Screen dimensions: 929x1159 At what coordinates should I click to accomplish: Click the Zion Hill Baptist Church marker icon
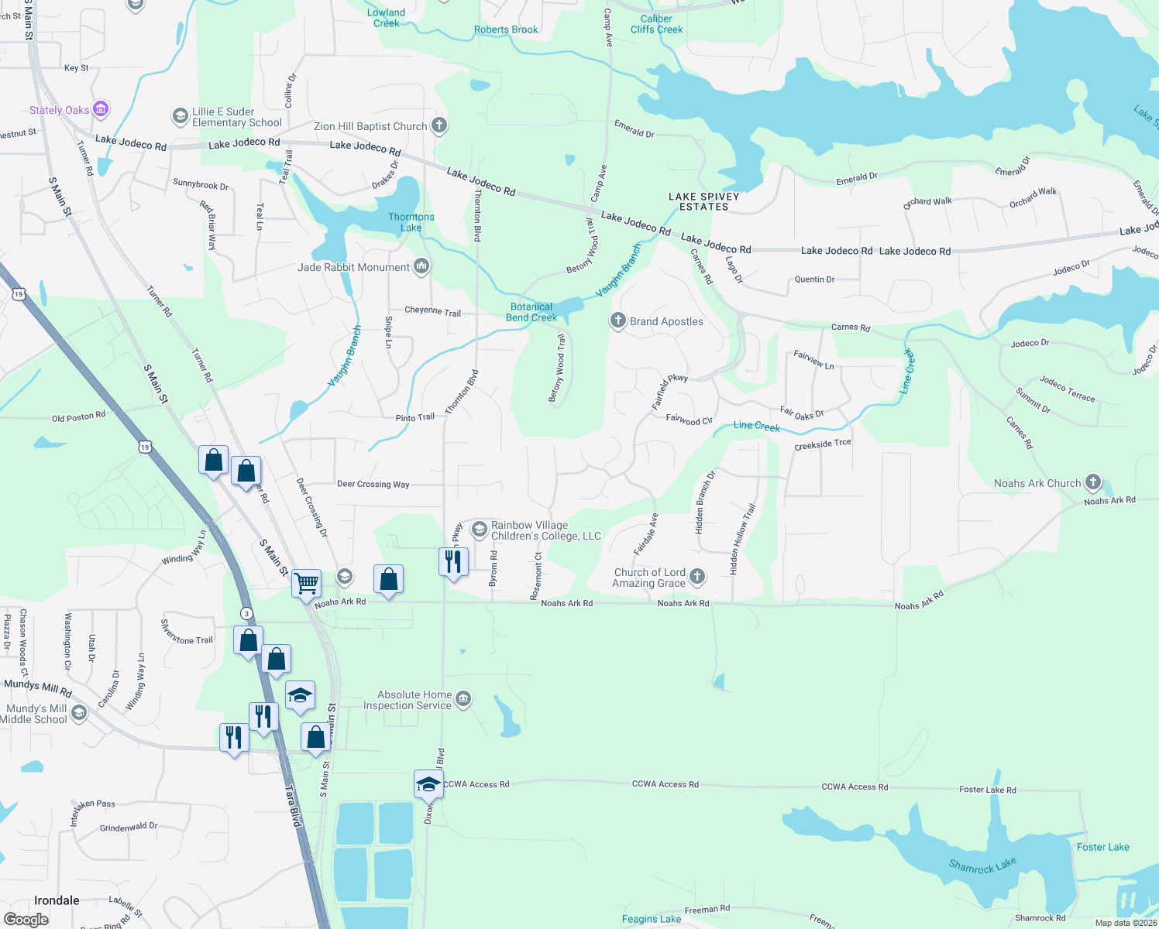[x=439, y=125]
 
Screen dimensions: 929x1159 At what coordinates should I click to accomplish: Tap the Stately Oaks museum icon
[x=101, y=109]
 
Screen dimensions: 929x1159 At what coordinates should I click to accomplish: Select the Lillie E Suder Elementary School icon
[x=180, y=116]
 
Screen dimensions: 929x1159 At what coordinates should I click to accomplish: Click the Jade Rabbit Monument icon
[x=421, y=266]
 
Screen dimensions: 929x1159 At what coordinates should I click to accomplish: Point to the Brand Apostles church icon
[x=617, y=321]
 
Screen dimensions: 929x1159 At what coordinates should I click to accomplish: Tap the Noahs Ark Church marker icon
[x=1092, y=482]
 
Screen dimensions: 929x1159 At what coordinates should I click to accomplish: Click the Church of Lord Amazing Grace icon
[x=697, y=576]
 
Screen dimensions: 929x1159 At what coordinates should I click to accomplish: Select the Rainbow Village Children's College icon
[x=479, y=530]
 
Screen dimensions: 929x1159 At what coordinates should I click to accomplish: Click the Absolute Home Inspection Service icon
[x=463, y=699]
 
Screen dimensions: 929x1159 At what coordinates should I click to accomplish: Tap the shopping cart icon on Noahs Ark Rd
[x=307, y=582]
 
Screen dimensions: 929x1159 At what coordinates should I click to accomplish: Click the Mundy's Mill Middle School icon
[x=78, y=712]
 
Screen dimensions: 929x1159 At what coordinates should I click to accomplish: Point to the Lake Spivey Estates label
[x=703, y=201]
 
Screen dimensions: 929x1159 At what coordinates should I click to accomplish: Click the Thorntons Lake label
[x=411, y=222]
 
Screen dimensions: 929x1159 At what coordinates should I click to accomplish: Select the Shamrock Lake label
[x=982, y=866]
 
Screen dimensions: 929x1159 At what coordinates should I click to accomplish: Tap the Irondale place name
[x=57, y=900]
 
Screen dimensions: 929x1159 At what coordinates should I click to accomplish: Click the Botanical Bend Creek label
[x=531, y=312]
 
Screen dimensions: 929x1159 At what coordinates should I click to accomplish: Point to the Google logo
[x=26, y=919]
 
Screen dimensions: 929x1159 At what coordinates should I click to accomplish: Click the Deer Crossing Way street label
[x=373, y=484]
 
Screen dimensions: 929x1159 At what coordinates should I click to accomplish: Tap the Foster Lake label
[x=1102, y=847]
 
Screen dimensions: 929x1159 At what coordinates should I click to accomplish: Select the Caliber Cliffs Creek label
[x=656, y=24]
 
